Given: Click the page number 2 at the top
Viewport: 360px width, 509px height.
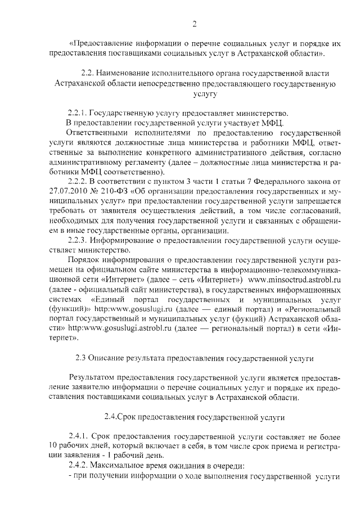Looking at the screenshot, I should (194, 24).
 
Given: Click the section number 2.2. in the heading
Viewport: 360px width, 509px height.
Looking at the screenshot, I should (91, 74).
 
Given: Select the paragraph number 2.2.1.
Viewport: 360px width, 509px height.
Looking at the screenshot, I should (76, 112).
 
